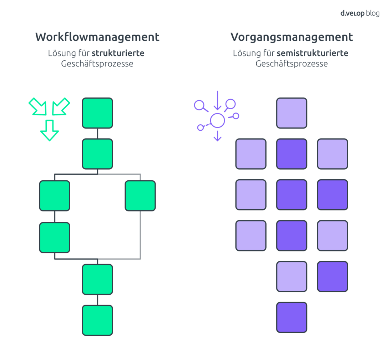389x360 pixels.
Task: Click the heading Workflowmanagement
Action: [x=97, y=37]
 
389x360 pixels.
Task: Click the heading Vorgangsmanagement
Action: [x=292, y=37]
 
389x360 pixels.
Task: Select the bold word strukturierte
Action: [x=118, y=53]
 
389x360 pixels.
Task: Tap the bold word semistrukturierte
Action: [x=312, y=53]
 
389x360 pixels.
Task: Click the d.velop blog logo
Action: [x=359, y=13]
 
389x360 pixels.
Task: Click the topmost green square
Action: [x=97, y=113]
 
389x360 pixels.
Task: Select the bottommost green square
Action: [x=97, y=320]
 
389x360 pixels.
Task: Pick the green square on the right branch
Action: [x=140, y=196]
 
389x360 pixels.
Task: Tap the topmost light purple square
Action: [x=292, y=113]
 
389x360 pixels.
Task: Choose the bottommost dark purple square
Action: [x=292, y=317]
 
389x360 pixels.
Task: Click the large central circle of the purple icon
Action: [x=217, y=120]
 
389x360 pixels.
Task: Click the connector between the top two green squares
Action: [x=97, y=133]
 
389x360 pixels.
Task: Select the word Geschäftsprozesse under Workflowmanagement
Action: [x=97, y=64]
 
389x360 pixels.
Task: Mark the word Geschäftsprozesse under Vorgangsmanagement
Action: [x=292, y=64]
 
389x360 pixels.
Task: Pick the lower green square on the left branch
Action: [x=55, y=237]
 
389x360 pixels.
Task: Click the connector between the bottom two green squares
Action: [x=97, y=300]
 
